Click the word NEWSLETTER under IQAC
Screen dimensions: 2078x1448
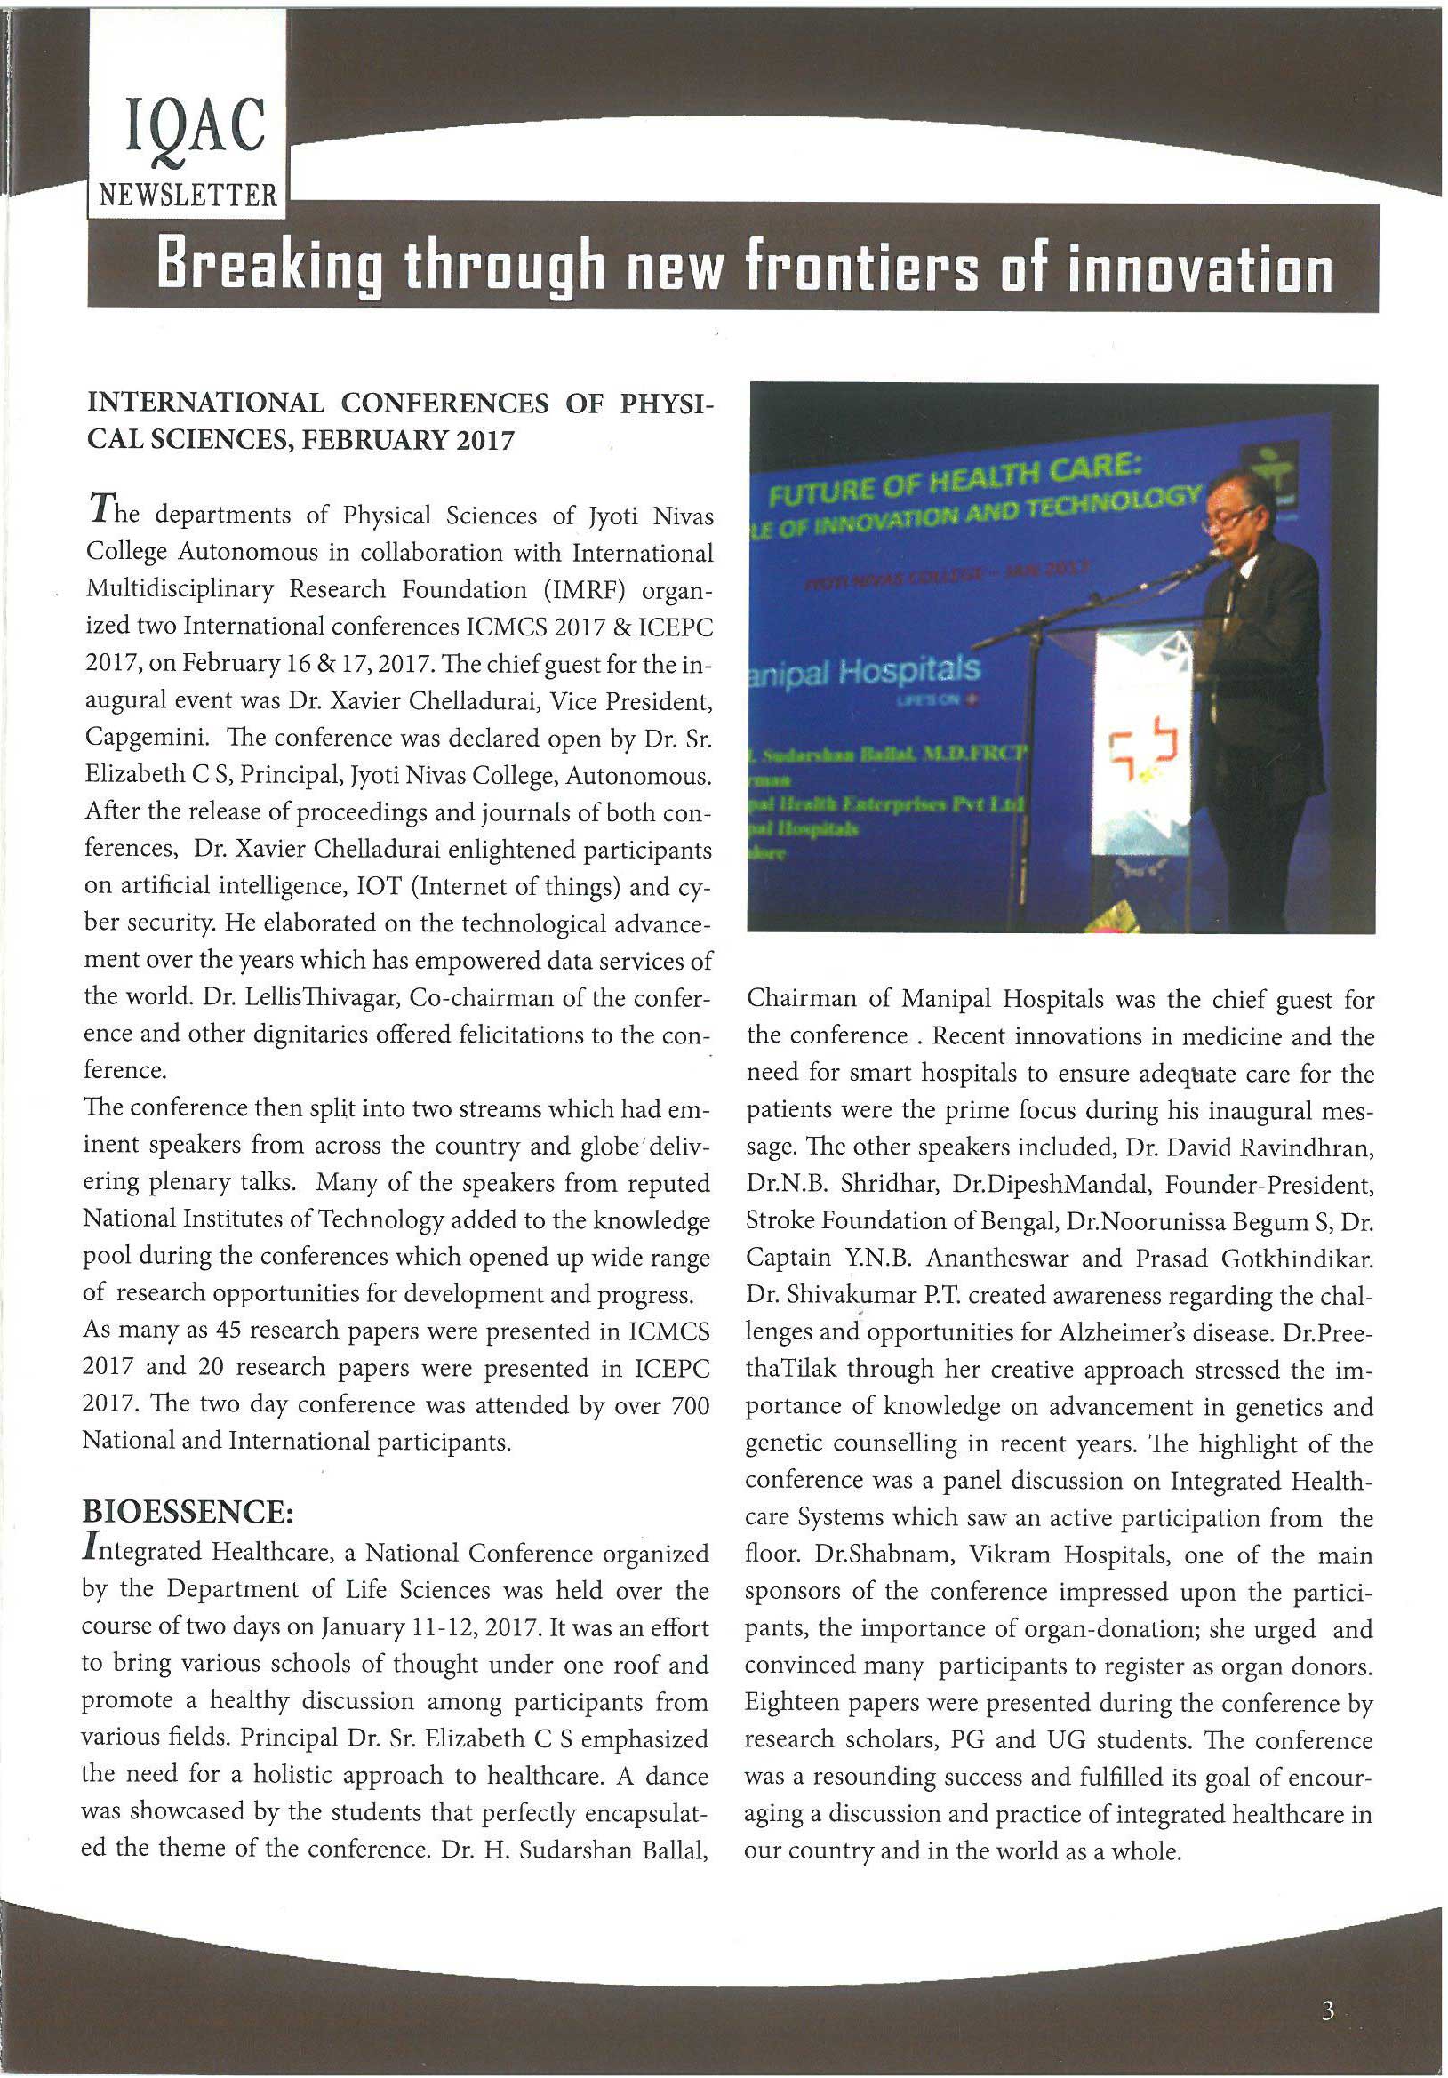tap(188, 196)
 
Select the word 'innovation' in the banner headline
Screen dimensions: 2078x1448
tap(1200, 268)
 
